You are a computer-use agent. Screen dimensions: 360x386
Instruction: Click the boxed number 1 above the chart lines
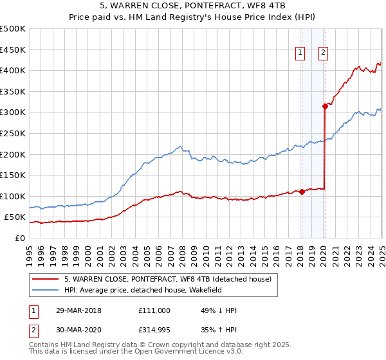[x=300, y=53]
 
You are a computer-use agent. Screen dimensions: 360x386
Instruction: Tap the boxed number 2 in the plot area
[x=322, y=53]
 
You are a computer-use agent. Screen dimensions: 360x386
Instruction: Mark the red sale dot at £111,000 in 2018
[x=302, y=192]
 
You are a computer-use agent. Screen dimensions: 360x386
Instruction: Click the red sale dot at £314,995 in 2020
[x=326, y=107]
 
